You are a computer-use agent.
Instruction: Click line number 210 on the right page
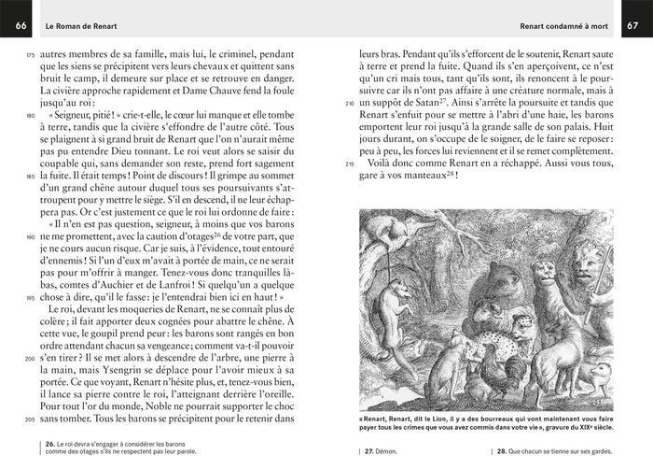350,103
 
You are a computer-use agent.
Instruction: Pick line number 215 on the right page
350,163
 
